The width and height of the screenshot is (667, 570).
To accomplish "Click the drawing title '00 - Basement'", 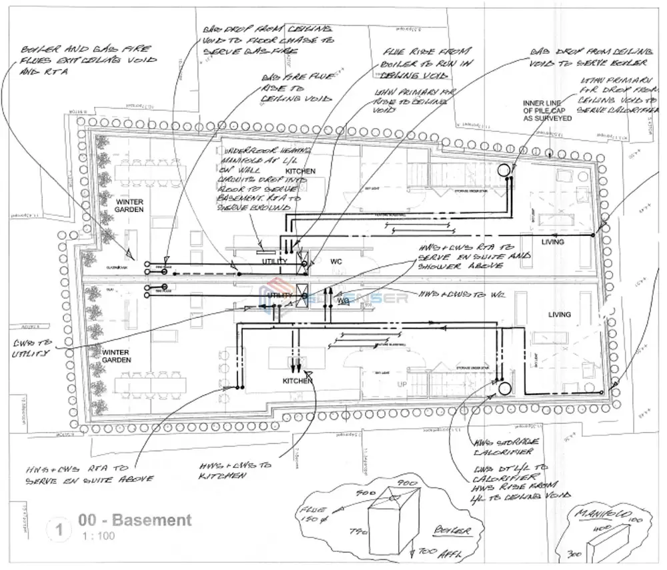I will tap(134, 520).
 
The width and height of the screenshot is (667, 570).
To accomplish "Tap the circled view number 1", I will tap(60, 530).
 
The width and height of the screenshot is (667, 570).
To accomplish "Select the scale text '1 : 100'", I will tap(97, 536).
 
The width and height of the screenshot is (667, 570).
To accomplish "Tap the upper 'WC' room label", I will tap(336, 262).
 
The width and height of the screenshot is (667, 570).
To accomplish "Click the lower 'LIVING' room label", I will tap(559, 314).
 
